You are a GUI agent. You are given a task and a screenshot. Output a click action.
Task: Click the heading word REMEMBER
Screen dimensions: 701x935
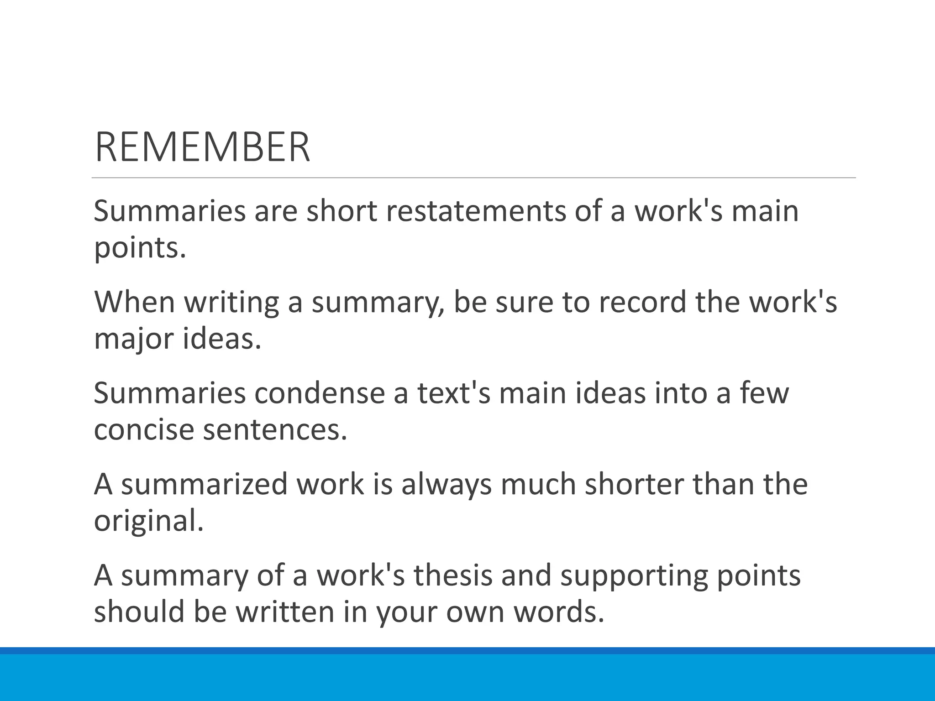click(202, 147)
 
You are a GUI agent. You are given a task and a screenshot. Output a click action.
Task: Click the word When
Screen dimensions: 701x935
click(135, 302)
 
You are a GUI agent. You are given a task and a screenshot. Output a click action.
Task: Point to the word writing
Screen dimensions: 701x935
click(231, 302)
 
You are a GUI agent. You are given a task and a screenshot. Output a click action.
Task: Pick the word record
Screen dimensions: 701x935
click(642, 302)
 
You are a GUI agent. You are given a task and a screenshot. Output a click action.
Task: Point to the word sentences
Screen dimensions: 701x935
click(275, 430)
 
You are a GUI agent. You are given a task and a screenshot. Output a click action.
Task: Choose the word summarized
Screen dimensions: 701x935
click(205, 485)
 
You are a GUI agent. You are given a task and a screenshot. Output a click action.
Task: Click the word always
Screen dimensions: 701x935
click(446, 485)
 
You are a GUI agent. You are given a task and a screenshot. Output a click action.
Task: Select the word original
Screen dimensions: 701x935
click(148, 521)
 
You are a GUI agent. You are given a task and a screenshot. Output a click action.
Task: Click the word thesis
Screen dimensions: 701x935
click(453, 576)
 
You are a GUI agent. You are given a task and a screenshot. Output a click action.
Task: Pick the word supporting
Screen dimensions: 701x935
click(634, 576)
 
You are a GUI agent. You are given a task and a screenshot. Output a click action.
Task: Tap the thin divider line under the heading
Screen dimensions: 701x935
click(473, 178)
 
